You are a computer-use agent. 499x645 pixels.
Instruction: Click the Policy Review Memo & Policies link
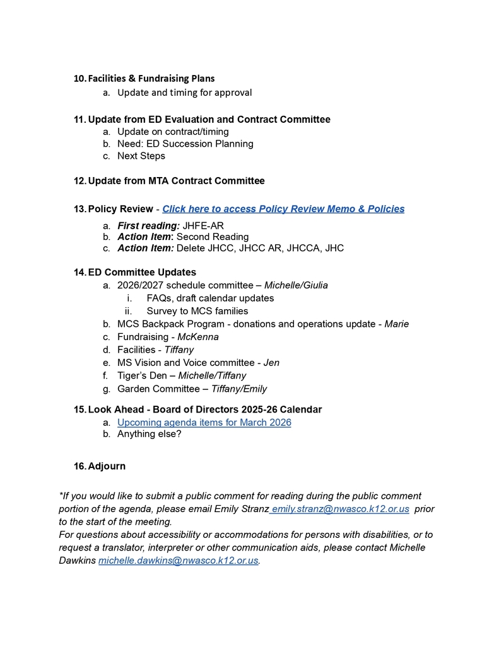point(283,209)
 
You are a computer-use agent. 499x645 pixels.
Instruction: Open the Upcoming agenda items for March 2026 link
point(204,422)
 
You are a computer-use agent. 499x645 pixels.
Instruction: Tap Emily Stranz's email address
point(340,509)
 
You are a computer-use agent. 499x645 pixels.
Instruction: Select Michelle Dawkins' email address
point(179,561)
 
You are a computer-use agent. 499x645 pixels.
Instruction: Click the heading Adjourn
point(107,466)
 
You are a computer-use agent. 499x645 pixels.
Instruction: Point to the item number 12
point(79,181)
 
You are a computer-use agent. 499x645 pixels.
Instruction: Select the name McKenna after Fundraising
point(198,337)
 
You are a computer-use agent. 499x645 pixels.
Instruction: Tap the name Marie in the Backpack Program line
point(397,324)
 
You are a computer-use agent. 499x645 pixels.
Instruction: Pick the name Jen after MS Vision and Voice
point(271,363)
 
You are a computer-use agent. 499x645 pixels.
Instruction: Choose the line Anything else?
point(149,434)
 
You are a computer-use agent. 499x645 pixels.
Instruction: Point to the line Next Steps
point(141,156)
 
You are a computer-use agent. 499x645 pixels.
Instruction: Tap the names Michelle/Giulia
point(296,285)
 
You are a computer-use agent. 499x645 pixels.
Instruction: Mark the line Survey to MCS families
point(197,311)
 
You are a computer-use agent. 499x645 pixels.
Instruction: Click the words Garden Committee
point(160,389)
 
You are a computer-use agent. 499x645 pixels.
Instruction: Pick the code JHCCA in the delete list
point(305,248)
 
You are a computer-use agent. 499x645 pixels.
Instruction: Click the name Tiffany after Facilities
point(179,350)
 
